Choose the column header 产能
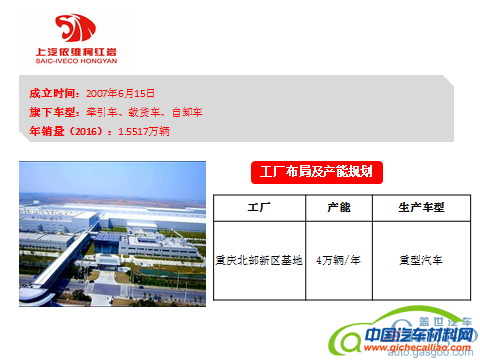pyautogui.click(x=339, y=209)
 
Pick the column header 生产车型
pyautogui.click(x=420, y=209)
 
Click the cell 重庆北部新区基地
pyautogui.click(x=259, y=260)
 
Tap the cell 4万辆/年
pyautogui.click(x=339, y=260)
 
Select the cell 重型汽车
pyautogui.click(x=420, y=260)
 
